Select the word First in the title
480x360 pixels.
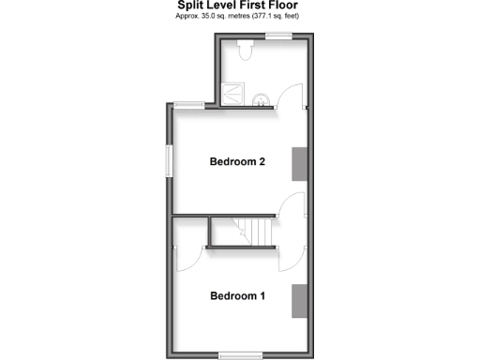[x=258, y=6]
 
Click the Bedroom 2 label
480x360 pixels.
[x=237, y=162]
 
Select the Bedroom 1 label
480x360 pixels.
[x=237, y=296]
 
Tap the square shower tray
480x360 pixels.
[x=232, y=95]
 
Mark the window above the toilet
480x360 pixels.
[x=277, y=36]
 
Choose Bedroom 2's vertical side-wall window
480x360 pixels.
[x=169, y=159]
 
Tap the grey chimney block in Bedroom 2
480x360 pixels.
[x=299, y=162]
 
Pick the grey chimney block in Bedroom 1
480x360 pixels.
[x=299, y=299]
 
